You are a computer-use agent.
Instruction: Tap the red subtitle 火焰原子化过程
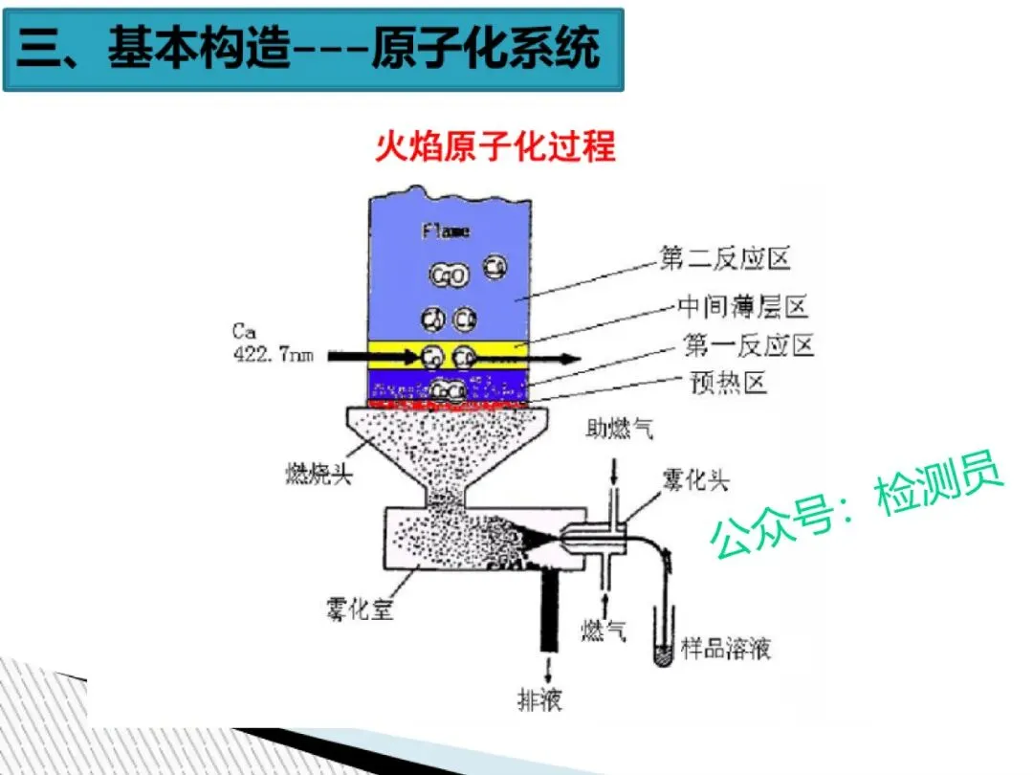(x=495, y=147)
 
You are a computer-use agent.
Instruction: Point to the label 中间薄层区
(x=743, y=306)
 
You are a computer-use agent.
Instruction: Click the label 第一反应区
(x=749, y=344)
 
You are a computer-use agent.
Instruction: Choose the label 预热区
(x=728, y=383)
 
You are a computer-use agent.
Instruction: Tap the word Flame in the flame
(x=446, y=232)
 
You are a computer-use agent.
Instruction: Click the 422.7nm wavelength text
(x=274, y=356)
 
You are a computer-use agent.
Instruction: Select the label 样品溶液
(x=726, y=649)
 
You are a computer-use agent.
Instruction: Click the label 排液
(x=539, y=699)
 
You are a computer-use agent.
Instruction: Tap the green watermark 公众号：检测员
(x=856, y=507)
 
